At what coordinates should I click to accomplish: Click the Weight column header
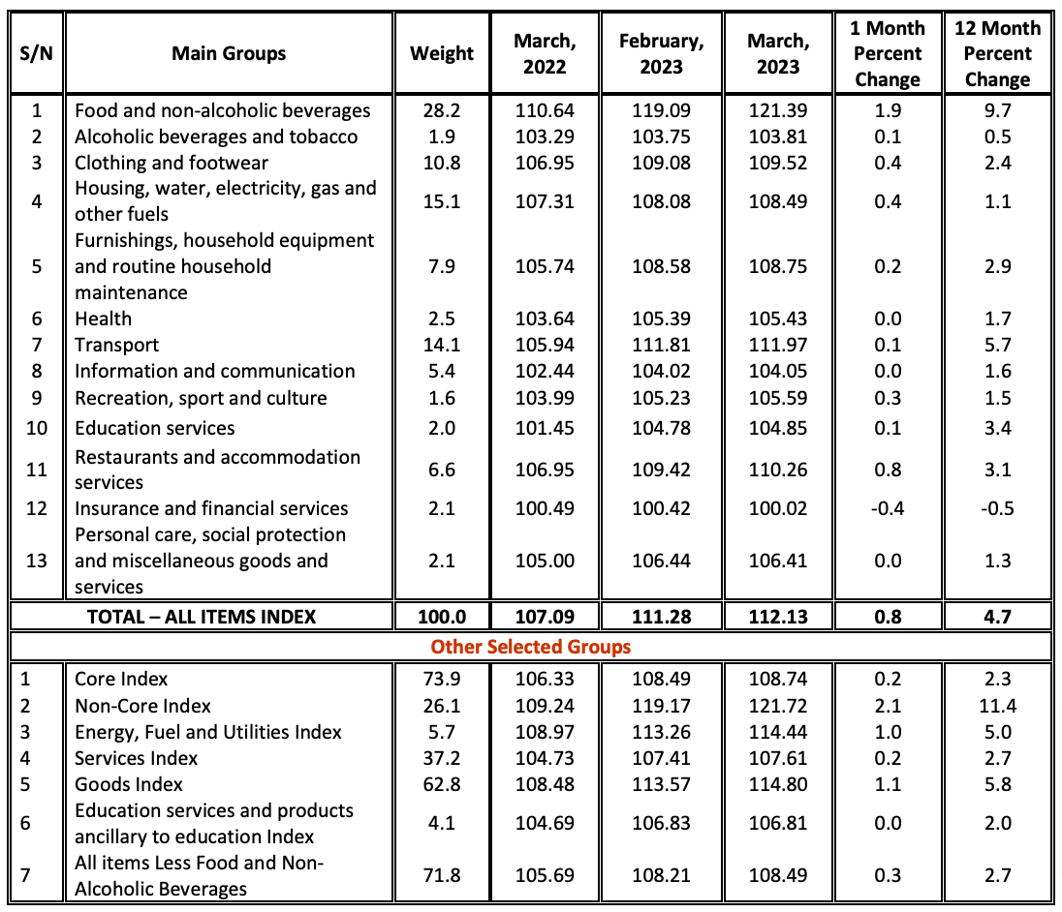point(442,53)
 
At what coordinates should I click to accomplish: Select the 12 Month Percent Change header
point(997,53)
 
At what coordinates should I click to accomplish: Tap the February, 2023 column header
point(663,53)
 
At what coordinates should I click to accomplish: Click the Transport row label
point(117,345)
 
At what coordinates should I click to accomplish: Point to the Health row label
point(104,319)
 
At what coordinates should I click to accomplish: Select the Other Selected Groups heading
point(530,646)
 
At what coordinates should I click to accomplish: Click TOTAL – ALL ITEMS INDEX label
point(202,616)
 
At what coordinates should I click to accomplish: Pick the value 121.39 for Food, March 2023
point(777,110)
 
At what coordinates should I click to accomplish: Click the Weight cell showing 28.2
point(442,110)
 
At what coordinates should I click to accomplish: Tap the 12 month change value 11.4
point(997,706)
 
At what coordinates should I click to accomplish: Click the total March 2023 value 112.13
point(777,616)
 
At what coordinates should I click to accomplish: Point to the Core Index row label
point(122,680)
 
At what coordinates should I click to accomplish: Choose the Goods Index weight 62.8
point(442,784)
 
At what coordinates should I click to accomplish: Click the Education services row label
point(155,427)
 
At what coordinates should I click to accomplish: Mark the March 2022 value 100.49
point(545,508)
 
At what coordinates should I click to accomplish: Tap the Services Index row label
point(137,758)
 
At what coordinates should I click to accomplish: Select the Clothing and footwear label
point(172,163)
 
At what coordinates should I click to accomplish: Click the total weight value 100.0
point(442,616)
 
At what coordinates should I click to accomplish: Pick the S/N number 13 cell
point(36,561)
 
